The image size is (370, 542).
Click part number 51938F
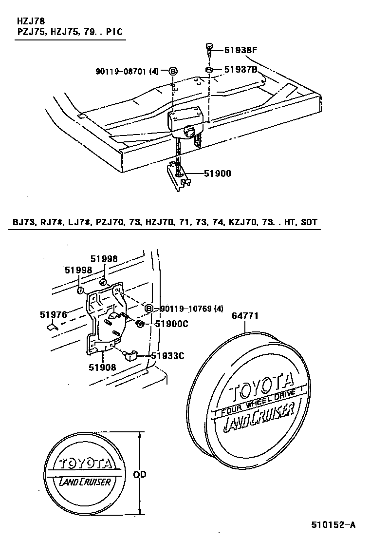(x=241, y=50)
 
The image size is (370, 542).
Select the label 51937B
(x=241, y=70)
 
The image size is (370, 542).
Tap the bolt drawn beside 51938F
(x=209, y=49)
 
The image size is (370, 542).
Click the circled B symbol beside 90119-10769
(x=149, y=309)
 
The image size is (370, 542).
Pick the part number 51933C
(x=167, y=356)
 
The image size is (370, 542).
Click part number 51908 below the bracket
(x=102, y=367)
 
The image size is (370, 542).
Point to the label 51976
(x=53, y=315)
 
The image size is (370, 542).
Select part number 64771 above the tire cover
(x=245, y=316)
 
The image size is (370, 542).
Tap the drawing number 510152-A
(x=334, y=525)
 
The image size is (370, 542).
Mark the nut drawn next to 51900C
(x=139, y=324)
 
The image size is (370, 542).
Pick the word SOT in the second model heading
(x=309, y=222)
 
